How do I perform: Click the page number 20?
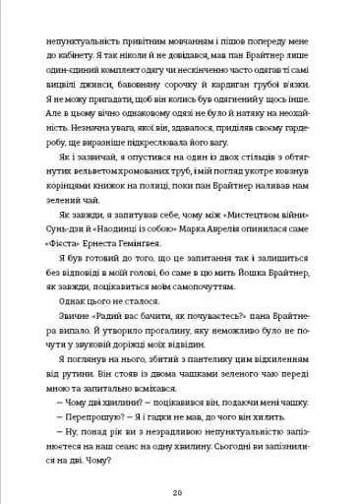tap(180, 465)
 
